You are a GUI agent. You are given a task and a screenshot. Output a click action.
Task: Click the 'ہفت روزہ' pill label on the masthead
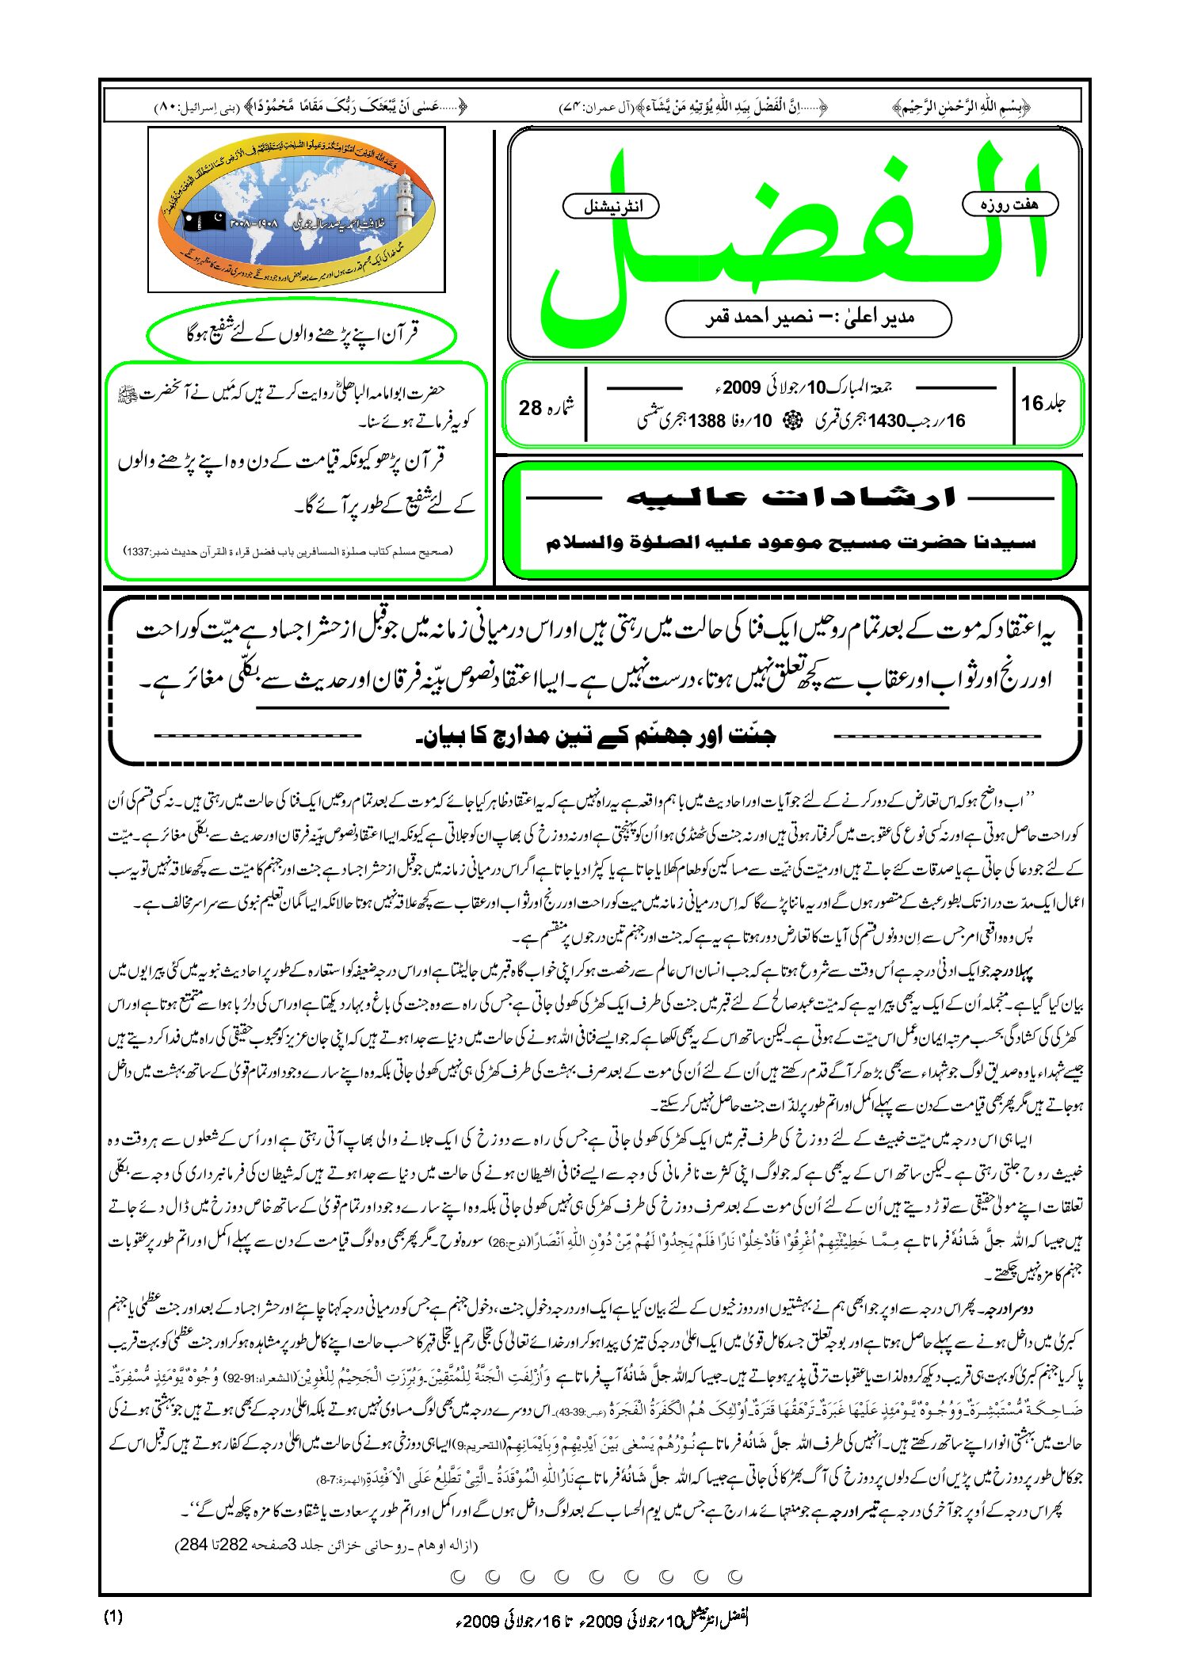point(1009,204)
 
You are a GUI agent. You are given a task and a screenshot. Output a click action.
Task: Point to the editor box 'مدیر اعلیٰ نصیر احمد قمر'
point(808,318)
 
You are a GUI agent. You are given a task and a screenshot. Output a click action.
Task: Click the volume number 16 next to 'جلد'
point(1032,403)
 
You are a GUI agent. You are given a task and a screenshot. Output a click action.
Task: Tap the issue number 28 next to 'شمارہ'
point(530,407)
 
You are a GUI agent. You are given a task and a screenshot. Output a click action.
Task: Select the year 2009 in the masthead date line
point(742,387)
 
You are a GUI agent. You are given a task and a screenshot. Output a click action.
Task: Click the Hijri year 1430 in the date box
point(887,421)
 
